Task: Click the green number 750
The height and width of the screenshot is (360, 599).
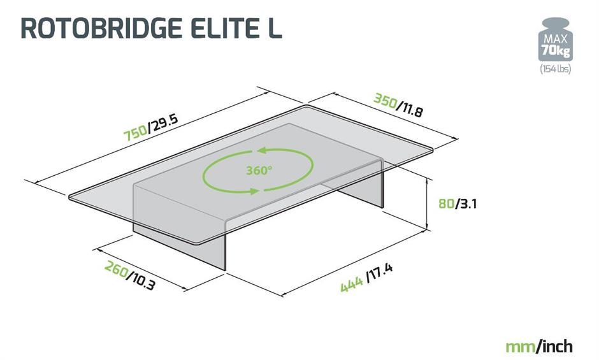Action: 136,133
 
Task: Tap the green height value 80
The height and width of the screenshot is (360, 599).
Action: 446,205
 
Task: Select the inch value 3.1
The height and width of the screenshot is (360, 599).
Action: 468,205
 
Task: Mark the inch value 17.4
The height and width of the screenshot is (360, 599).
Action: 380,275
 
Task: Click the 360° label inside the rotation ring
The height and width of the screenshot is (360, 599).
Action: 259,171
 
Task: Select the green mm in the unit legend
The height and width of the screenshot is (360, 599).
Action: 520,347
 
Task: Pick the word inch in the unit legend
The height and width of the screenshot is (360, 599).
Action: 556,347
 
